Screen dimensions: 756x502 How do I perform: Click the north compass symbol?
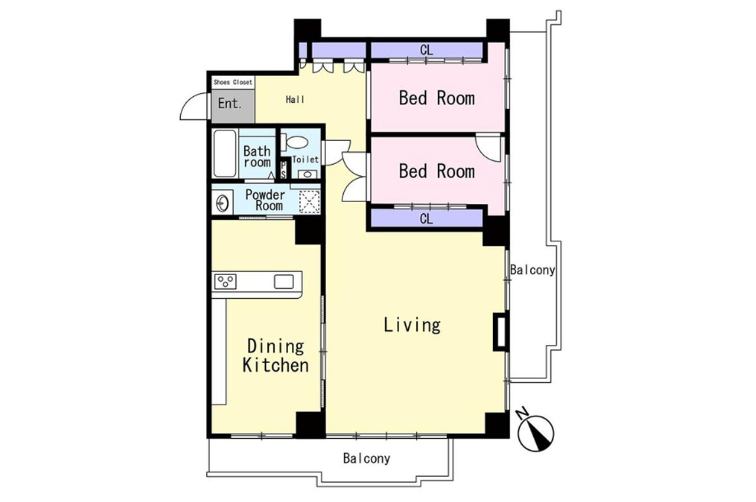point(536,432)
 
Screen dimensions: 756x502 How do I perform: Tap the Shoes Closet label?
point(233,82)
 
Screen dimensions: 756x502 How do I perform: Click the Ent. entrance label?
point(230,103)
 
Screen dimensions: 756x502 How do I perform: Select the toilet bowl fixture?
point(294,142)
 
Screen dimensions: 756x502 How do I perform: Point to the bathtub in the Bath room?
point(225,154)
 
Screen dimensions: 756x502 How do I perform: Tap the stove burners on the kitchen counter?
point(225,282)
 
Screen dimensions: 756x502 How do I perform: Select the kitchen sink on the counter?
point(284,282)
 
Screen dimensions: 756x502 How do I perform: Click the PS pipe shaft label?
point(283,170)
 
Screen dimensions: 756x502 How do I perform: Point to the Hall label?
point(295,100)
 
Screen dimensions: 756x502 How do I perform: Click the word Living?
point(412,325)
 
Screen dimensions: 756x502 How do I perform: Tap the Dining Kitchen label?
point(275,356)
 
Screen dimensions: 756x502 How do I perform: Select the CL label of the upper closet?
point(426,50)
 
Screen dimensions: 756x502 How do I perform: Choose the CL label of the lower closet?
point(426,219)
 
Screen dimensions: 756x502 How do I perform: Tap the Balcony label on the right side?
point(533,270)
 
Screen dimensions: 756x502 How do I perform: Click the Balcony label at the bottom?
point(367,458)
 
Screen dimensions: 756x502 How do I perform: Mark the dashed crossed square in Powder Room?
point(309,202)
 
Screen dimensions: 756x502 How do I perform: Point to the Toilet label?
point(305,159)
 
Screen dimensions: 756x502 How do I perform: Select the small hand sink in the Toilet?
point(308,174)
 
